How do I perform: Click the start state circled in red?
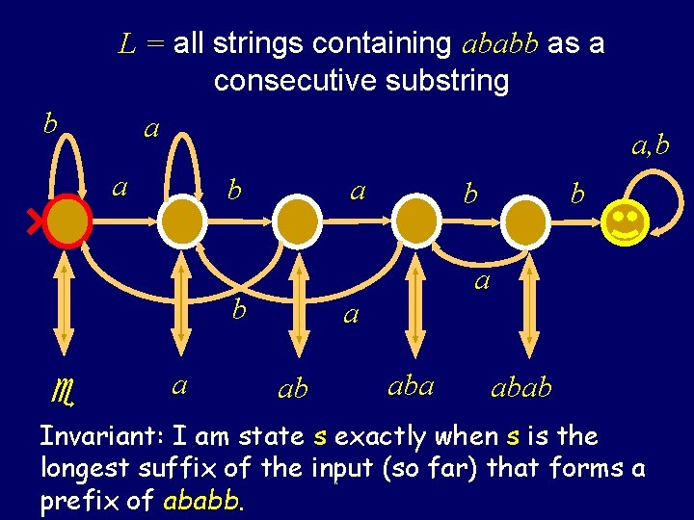tap(67, 222)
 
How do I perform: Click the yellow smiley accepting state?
tap(625, 222)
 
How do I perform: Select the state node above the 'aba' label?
tap(415, 222)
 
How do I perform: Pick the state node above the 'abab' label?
tap(526, 222)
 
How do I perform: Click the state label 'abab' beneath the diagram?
tap(521, 387)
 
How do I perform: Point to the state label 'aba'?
tap(411, 385)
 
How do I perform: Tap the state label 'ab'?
tap(292, 388)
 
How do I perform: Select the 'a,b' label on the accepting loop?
tap(650, 145)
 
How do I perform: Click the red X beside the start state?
tap(38, 223)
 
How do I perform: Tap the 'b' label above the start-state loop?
tap(51, 123)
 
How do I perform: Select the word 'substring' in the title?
tap(446, 81)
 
